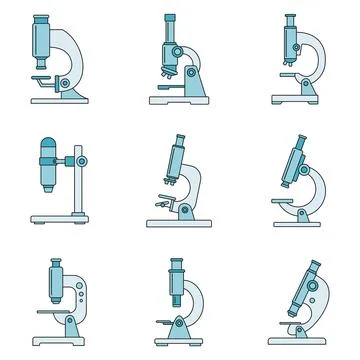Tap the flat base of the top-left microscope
click(x=60, y=100)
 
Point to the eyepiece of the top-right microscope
click(x=290, y=19)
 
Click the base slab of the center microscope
click(x=183, y=222)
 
